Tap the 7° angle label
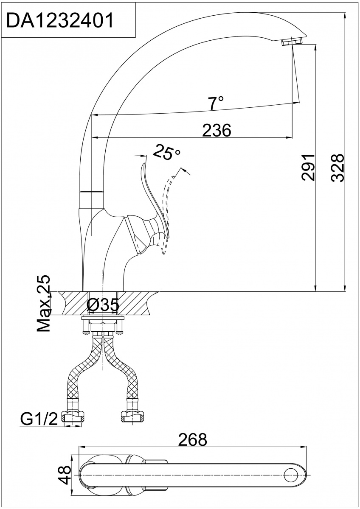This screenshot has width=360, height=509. [x=216, y=103]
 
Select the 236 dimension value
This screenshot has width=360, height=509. [x=216, y=130]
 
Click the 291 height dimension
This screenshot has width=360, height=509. [x=308, y=168]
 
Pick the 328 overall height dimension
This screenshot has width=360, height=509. [x=337, y=168]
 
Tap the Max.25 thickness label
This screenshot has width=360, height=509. [x=43, y=304]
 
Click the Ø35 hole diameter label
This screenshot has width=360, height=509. [x=103, y=305]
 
